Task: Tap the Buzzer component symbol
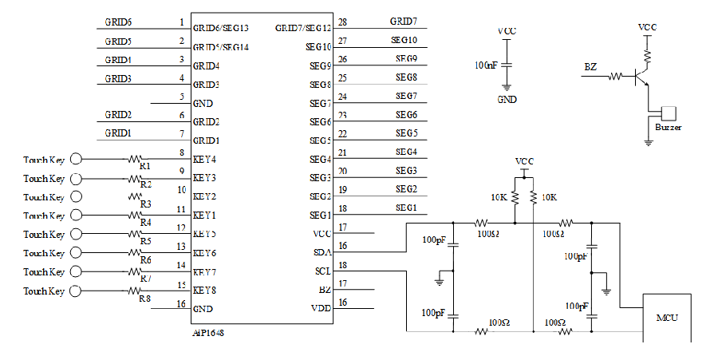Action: pos(669,113)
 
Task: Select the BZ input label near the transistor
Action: pos(590,67)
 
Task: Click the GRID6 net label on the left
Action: pos(119,22)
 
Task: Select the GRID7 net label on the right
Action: pos(404,21)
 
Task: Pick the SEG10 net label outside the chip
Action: pos(404,40)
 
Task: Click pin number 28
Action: pos(342,22)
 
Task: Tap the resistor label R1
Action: pos(145,166)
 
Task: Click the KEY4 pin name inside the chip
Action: pos(205,159)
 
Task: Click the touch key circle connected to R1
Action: pos(77,159)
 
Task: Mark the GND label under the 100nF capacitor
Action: pos(507,101)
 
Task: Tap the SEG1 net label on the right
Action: pos(406,208)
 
